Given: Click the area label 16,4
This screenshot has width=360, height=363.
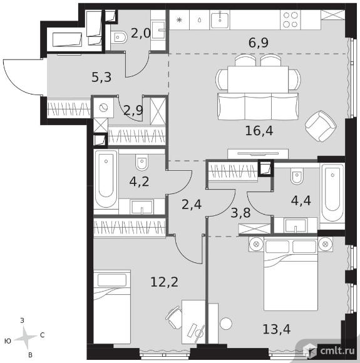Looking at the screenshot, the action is click(259, 131).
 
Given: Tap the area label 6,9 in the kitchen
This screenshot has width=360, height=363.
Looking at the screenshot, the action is click(259, 43).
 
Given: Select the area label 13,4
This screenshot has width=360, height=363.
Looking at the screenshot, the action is click(276, 329).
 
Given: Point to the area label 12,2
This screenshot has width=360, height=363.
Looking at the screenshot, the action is click(165, 282).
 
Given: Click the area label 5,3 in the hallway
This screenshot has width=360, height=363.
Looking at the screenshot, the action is click(101, 78).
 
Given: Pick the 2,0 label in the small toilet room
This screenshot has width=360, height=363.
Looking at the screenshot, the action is click(141, 34).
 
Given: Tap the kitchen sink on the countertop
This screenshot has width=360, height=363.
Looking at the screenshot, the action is click(220, 20).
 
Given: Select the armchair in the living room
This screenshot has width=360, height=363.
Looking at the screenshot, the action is click(321, 126).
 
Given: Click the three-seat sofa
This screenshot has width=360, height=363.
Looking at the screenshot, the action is click(258, 106).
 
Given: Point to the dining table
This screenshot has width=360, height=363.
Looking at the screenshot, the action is click(258, 79).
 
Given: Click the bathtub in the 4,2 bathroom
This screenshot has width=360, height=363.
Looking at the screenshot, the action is click(106, 179).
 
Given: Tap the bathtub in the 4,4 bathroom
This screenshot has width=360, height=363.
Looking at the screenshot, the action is click(332, 193).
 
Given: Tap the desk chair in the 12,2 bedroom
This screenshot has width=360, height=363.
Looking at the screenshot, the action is click(174, 317).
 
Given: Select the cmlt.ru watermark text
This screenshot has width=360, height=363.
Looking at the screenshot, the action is click(337, 351).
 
